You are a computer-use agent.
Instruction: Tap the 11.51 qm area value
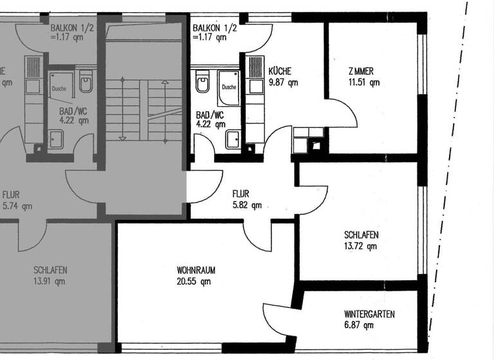tap(364, 82)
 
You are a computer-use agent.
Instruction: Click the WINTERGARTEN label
tap(369, 314)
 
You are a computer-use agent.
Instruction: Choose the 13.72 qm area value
tap(360, 246)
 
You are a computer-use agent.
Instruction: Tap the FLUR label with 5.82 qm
tap(240, 194)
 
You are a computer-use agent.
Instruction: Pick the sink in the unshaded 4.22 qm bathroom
tap(232, 137)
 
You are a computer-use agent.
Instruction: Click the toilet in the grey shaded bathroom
tap(86, 84)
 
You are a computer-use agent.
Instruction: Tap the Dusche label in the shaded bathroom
tap(59, 89)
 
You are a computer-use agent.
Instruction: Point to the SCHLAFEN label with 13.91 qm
tap(50, 270)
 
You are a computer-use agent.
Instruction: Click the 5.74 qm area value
tap(17, 206)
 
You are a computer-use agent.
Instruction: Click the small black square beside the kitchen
tap(316, 145)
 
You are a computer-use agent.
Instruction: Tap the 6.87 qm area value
tap(359, 325)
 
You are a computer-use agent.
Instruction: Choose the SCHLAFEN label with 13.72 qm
tap(360, 235)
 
